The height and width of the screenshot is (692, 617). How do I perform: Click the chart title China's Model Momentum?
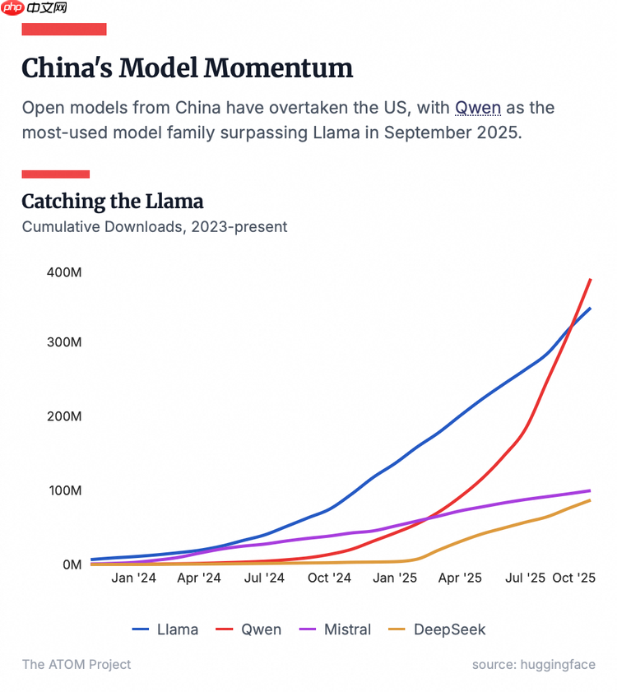click(x=187, y=67)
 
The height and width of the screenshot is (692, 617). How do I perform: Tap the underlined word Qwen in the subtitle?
click(x=477, y=108)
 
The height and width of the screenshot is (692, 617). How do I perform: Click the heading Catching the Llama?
click(x=112, y=201)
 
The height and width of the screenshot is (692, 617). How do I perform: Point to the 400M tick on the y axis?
click(x=63, y=272)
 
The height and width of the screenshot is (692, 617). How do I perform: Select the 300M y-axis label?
click(x=63, y=341)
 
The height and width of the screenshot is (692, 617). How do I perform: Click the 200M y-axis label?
click(x=63, y=416)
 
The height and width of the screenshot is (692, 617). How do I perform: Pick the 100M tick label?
click(x=63, y=490)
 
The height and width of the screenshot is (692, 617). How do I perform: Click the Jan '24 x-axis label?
click(x=133, y=578)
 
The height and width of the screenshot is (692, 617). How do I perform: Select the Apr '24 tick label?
click(x=199, y=578)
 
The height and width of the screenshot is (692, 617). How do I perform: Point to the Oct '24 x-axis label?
click(x=329, y=578)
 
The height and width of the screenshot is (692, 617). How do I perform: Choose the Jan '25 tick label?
click(x=395, y=578)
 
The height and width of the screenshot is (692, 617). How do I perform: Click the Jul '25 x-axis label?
click(x=525, y=578)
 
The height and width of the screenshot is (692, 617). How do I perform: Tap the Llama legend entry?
click(x=165, y=629)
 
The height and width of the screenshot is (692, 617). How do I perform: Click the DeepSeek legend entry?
click(x=438, y=629)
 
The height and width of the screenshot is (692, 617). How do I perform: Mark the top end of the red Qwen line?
click(x=591, y=280)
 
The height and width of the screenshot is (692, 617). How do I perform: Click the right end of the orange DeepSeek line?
click(x=590, y=500)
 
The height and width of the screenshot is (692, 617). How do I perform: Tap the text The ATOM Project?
click(x=76, y=664)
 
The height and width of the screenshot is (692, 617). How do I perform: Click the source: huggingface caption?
click(x=533, y=664)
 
